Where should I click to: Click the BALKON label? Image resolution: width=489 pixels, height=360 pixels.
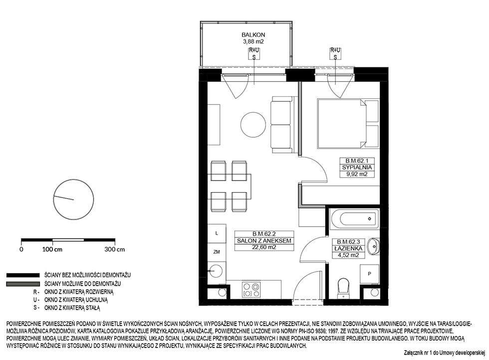253,35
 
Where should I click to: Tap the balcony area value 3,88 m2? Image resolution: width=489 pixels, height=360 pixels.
253,41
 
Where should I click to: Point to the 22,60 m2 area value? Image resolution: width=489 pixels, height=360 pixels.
264,247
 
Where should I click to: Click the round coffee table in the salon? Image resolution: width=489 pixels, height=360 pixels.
253,125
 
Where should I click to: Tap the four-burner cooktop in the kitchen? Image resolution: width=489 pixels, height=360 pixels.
251,290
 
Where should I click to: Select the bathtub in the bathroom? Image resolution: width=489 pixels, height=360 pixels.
355,218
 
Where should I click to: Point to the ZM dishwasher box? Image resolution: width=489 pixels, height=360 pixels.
217,252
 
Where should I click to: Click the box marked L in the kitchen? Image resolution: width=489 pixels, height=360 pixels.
217,233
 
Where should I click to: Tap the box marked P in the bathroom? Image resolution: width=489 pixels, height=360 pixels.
370,274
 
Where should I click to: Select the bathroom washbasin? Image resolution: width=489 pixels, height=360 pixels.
373,246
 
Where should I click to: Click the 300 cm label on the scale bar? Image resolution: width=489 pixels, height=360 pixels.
115,249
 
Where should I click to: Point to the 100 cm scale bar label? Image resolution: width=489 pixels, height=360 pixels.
52,249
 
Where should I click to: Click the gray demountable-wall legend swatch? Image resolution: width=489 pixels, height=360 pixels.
23,284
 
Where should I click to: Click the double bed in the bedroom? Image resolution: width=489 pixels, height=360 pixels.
342,123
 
